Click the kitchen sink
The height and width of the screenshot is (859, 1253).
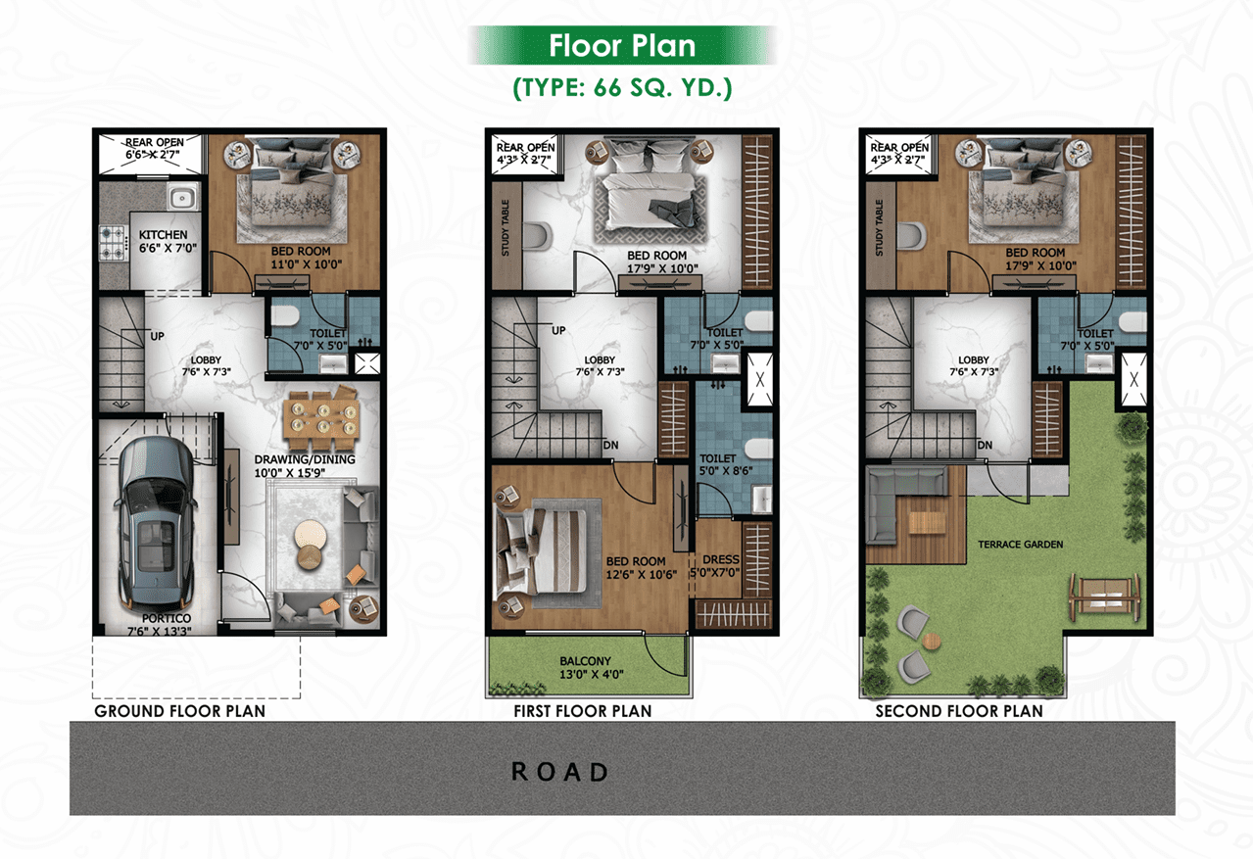coord(182,198)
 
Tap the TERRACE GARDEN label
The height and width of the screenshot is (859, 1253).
coord(1020,545)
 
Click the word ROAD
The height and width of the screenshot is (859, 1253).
coord(560,773)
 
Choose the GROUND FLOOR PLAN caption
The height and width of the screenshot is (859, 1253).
coord(179,711)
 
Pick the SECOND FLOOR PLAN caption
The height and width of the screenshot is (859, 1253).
coord(959,711)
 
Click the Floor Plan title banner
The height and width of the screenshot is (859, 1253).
coord(621,45)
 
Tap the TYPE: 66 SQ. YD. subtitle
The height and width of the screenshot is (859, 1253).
coord(622,88)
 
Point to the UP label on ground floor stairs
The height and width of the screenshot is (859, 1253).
coord(157,336)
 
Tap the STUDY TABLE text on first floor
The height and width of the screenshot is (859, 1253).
coord(506,227)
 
